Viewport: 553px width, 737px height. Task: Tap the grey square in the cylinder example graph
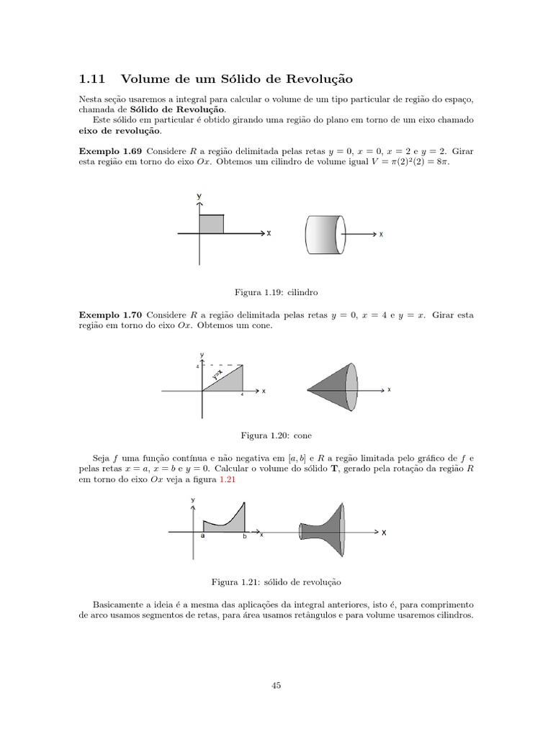click(211, 224)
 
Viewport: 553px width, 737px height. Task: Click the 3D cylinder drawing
click(325, 234)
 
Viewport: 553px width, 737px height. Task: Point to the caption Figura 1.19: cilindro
click(276, 293)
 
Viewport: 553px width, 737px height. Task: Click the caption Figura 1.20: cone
click(276, 435)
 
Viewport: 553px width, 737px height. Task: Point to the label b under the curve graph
click(244, 537)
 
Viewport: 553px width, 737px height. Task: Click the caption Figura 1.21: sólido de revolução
click(276, 580)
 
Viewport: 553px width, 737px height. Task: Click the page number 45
click(276, 686)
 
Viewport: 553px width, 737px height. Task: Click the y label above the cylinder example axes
click(199, 196)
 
